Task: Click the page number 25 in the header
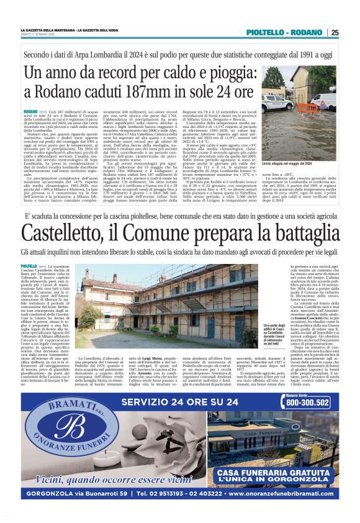pyautogui.click(x=335, y=32)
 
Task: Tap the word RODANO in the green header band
pyautogui.click(x=307, y=32)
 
